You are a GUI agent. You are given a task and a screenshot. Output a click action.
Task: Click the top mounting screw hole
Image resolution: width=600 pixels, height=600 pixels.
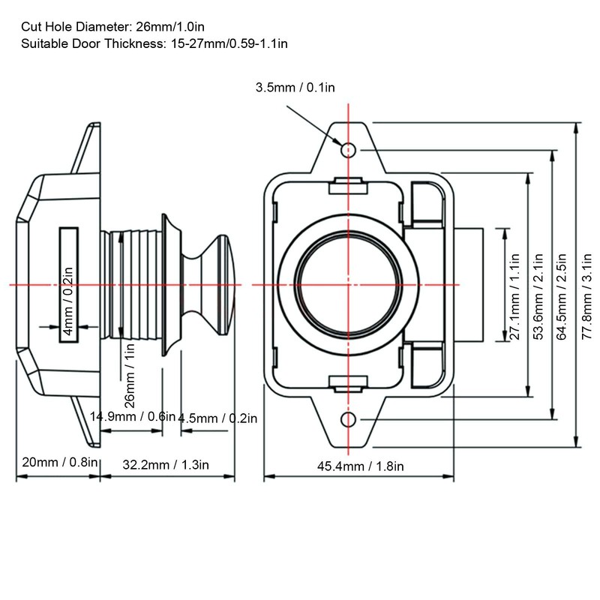coord(348,150)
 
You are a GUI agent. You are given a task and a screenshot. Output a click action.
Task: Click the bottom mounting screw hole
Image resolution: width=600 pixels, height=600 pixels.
coord(348,418)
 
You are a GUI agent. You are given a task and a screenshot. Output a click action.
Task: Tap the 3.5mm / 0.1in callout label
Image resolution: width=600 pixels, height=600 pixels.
coord(295,88)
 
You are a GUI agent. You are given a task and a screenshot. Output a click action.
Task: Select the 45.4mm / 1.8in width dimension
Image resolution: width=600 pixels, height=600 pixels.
coord(360,466)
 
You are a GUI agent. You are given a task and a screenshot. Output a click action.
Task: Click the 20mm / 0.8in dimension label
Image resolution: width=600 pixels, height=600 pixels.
coord(57,463)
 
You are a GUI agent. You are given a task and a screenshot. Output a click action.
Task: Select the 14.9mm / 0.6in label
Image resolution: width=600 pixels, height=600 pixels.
coord(132,416)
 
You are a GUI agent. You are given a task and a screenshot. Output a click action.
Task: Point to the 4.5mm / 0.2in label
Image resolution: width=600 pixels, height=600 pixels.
coord(217,418)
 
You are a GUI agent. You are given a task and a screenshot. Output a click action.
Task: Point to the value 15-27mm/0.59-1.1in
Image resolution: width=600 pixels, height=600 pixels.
coord(228,43)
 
